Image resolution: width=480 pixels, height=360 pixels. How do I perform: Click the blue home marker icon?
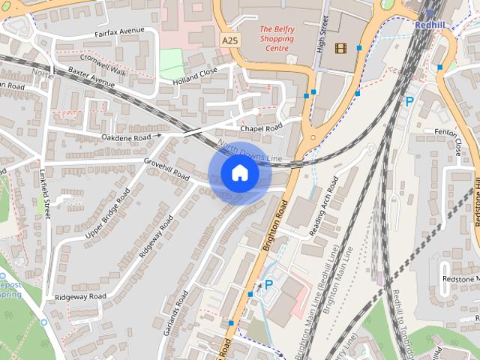tap(239, 173)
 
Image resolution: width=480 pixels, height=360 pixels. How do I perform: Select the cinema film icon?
tap(341, 48)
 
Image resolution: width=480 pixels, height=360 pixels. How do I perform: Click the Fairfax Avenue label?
tap(119, 31)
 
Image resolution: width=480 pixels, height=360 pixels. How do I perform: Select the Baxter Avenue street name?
tap(91, 76)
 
